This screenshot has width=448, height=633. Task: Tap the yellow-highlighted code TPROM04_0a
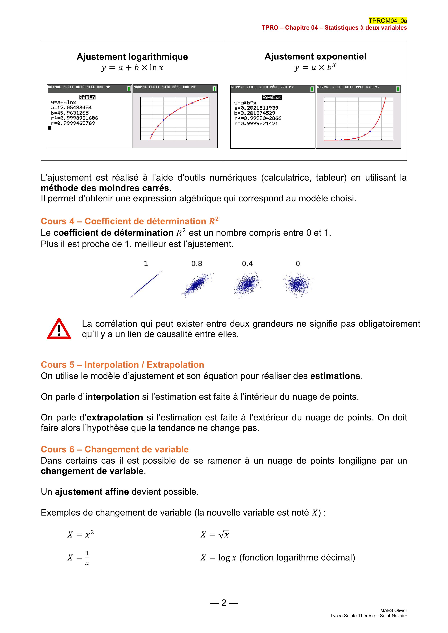[388, 21]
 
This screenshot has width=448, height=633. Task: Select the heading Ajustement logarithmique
[132, 57]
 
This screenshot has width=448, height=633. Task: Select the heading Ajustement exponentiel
[315, 56]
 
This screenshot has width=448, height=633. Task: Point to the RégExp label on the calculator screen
[272, 97]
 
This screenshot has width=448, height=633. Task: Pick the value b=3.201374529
[255, 113]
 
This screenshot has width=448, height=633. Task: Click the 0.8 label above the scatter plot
[197, 264]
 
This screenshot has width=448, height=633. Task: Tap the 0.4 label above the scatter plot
[247, 264]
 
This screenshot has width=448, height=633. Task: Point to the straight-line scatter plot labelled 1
[146, 284]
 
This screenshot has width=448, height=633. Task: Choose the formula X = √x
[215, 535]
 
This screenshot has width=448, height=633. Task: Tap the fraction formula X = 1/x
[79, 558]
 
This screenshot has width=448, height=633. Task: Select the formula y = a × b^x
[315, 67]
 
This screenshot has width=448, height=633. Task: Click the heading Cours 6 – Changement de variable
[115, 449]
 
